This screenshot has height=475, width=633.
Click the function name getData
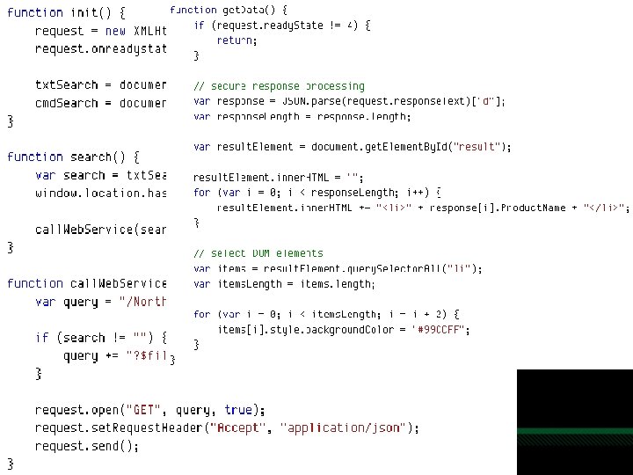[x=242, y=10]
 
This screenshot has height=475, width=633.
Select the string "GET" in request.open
[x=144, y=410]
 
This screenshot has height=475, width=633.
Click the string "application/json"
[x=345, y=428]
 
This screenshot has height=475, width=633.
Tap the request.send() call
[x=87, y=446]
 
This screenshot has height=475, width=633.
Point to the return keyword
[x=236, y=40]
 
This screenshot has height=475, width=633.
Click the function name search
[x=91, y=157]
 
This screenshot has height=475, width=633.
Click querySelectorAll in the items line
[x=397, y=269]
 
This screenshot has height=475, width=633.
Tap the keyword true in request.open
[x=238, y=410]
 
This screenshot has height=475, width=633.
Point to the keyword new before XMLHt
[x=116, y=31]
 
